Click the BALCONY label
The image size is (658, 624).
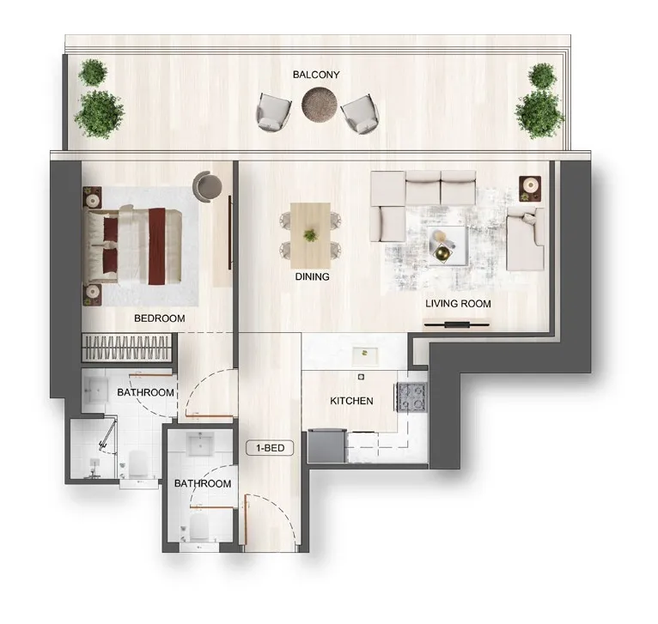316,75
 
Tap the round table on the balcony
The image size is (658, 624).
320,104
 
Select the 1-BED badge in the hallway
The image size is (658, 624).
270,448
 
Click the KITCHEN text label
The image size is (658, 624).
351,401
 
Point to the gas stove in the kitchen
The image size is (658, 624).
412,397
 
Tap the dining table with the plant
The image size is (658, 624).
311,236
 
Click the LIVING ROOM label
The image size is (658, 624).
458,304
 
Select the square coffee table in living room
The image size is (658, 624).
448,245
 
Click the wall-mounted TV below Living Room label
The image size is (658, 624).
456,324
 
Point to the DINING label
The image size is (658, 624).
312,276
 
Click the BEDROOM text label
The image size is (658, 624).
160,318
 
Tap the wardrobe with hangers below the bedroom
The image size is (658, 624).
127,348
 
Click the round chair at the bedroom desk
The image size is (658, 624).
207,186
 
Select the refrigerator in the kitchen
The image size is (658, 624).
326,445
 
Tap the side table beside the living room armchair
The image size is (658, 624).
530,189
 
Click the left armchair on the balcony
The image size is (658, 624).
273,112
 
